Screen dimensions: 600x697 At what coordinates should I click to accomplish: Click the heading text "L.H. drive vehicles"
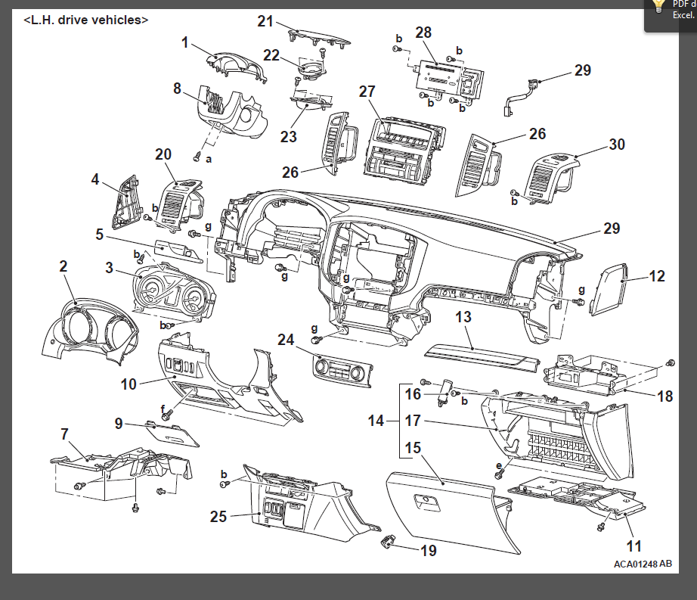(86, 20)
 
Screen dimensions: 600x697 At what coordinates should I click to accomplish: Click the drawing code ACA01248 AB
(642, 564)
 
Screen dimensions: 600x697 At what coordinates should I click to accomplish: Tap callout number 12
(657, 276)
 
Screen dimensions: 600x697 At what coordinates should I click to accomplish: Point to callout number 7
(64, 434)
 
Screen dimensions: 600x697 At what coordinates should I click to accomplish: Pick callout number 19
(428, 551)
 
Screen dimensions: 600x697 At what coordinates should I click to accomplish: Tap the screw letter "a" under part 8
(209, 160)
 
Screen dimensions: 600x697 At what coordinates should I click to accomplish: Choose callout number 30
(617, 143)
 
